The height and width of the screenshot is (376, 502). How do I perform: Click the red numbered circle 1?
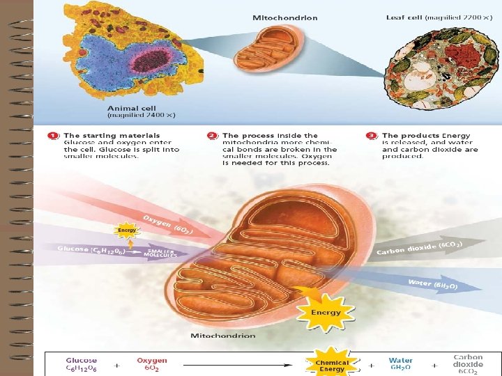tap(52, 135)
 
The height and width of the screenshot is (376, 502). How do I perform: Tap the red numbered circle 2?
tap(211, 135)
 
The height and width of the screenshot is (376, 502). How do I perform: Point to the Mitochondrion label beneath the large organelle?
tap(223, 336)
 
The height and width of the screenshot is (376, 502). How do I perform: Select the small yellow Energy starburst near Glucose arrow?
tap(126, 229)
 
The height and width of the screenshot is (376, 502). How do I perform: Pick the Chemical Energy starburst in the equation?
tap(332, 365)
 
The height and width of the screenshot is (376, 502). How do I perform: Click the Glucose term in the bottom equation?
tap(82, 365)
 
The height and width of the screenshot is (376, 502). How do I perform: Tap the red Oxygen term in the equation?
tap(151, 365)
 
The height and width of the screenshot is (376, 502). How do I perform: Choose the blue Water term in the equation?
tap(401, 365)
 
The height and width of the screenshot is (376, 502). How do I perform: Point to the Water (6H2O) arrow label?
tap(432, 283)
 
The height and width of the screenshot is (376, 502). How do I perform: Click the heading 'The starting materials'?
tap(112, 135)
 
